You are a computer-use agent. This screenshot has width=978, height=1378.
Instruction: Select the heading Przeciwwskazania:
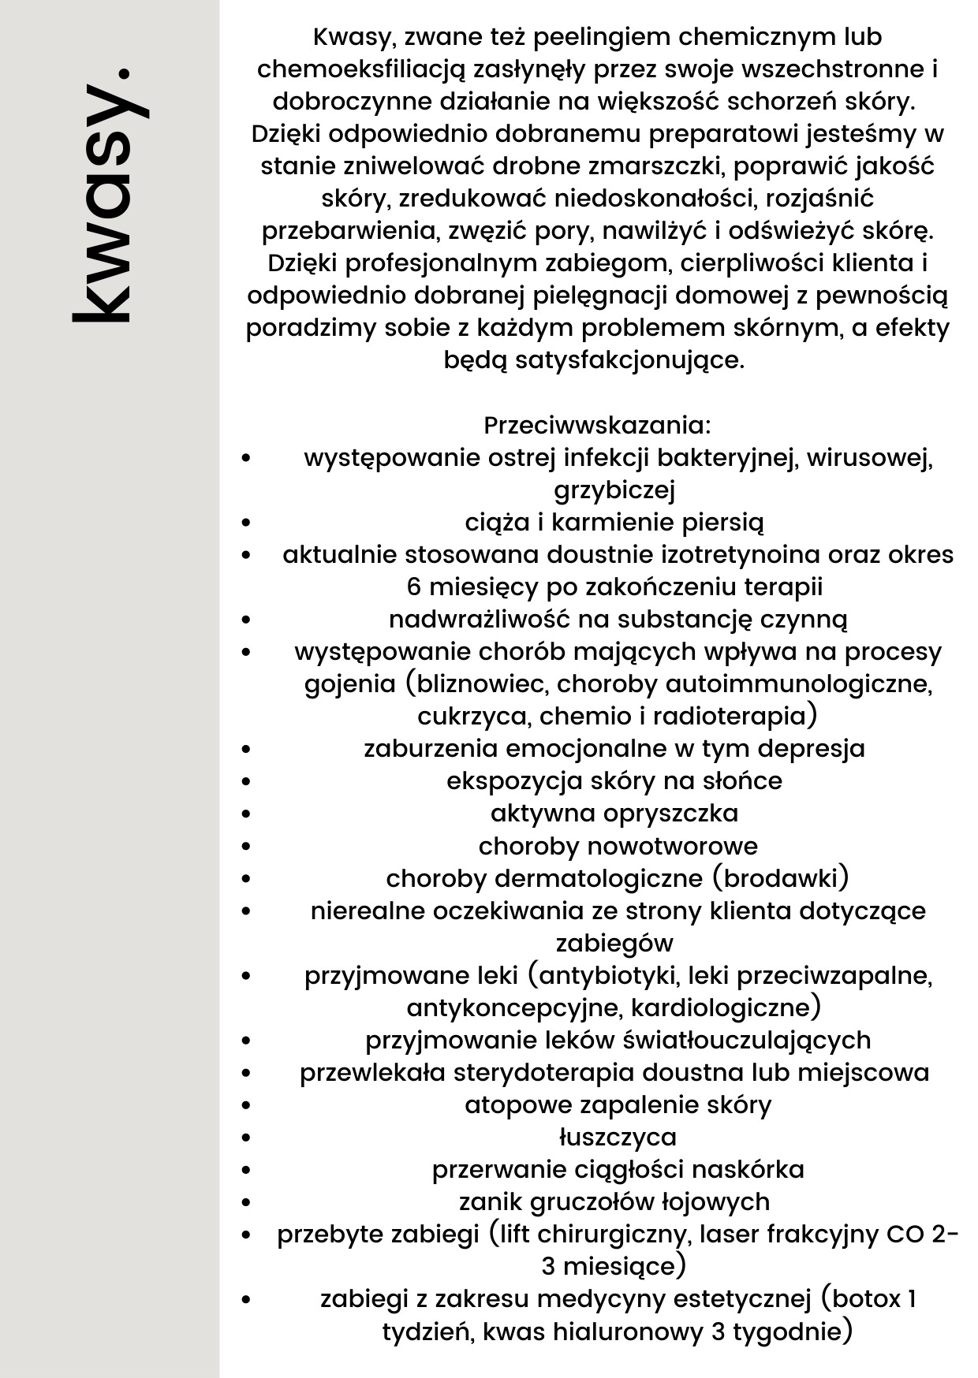point(597,426)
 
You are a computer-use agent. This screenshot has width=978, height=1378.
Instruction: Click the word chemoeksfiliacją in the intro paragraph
point(362,69)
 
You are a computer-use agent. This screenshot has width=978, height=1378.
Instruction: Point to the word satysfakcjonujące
point(629,360)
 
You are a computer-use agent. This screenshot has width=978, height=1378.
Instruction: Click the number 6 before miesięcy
point(414,587)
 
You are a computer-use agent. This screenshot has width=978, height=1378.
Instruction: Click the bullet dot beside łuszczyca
point(247,1138)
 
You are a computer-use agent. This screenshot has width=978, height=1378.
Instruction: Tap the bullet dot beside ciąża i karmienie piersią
point(247,523)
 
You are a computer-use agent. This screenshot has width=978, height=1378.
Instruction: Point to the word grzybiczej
point(614,490)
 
